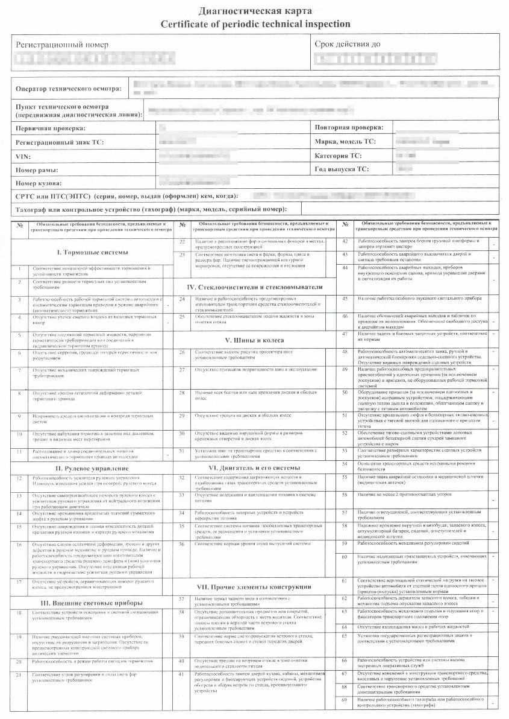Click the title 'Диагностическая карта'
pyautogui.click(x=254, y=10)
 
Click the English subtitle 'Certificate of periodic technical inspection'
pyautogui.click(x=254, y=24)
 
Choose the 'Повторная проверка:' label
pyautogui.click(x=349, y=128)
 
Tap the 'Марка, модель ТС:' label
pyautogui.click(x=345, y=142)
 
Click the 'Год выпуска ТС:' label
pyautogui.click(x=342, y=169)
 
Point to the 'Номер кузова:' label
pyautogui.click(x=39, y=183)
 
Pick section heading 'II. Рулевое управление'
pyautogui.click(x=92, y=468)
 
